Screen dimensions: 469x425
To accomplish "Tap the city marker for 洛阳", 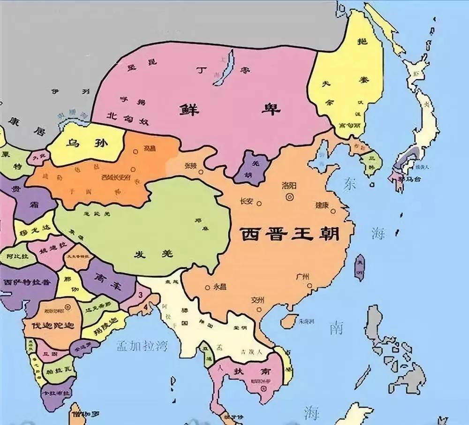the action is pyautogui.click(x=291, y=197).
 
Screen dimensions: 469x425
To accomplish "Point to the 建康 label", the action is pyautogui.click(x=322, y=205).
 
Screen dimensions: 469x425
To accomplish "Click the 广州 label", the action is pyautogui.click(x=304, y=276).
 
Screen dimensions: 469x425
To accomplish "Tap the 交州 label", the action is pyautogui.click(x=258, y=299).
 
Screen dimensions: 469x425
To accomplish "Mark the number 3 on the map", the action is pyautogui.click(x=141, y=294).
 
